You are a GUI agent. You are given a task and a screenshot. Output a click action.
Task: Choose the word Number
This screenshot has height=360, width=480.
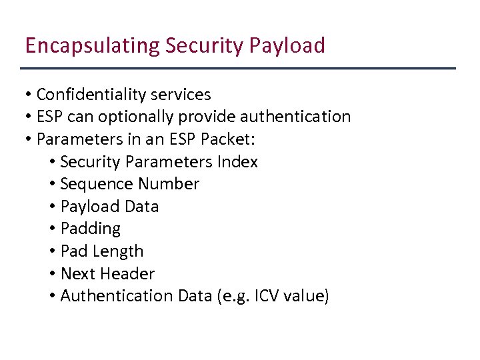click(x=168, y=184)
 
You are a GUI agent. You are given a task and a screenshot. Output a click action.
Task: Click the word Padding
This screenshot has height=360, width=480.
click(x=91, y=229)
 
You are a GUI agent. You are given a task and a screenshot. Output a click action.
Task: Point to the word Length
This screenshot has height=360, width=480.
click(x=117, y=251)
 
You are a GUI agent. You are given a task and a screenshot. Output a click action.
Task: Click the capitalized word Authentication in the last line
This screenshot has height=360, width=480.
click(x=117, y=296)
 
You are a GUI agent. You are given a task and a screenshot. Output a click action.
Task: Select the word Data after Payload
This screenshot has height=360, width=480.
click(x=141, y=207)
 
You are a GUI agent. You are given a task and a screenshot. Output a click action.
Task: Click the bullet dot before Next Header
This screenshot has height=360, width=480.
click(x=52, y=273)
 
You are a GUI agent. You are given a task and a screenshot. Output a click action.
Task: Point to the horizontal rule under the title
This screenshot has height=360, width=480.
click(x=238, y=69)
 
